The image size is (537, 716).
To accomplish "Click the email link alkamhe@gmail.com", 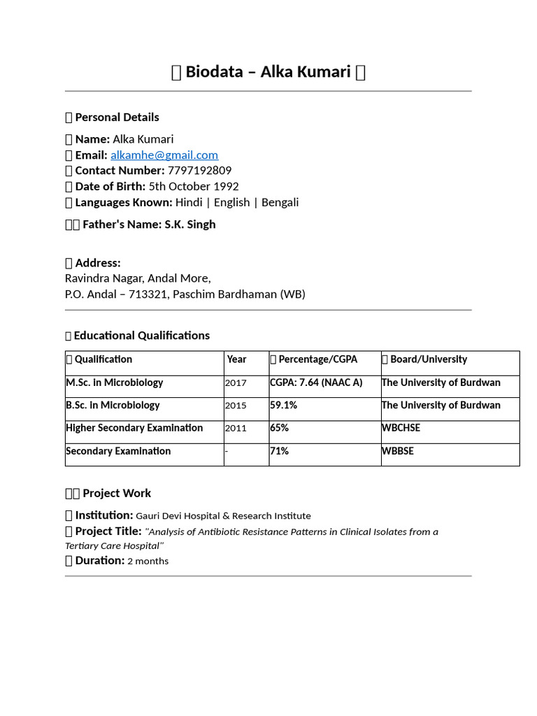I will pos(164,155).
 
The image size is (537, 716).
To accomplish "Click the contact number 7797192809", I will pos(199,171).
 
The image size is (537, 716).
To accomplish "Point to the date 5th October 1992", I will pos(194,187).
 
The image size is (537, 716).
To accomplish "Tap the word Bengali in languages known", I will pos(280,203).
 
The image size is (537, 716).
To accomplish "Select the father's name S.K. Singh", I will pos(190,224).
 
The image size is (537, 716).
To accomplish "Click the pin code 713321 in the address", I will pos(145,294).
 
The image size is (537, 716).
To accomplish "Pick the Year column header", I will pos(236,359).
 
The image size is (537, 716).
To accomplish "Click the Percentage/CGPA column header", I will pos(317,359).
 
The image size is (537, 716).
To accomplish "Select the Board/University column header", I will pos(428,359).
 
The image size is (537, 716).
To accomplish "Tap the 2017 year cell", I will pos(236,383).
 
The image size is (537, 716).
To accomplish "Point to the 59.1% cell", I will pos(283,406).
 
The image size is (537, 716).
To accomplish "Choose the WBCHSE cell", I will pos(401,428).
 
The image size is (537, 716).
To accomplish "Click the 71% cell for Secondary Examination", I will pos(279,451).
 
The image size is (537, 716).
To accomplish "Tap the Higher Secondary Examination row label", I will pos(134,428).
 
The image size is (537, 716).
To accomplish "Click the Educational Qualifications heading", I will pos(141,336).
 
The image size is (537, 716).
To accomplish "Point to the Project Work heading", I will pos(116,494).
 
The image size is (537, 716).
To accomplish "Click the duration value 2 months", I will pos(148,561).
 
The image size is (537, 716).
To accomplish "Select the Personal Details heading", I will pos(117,117).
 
